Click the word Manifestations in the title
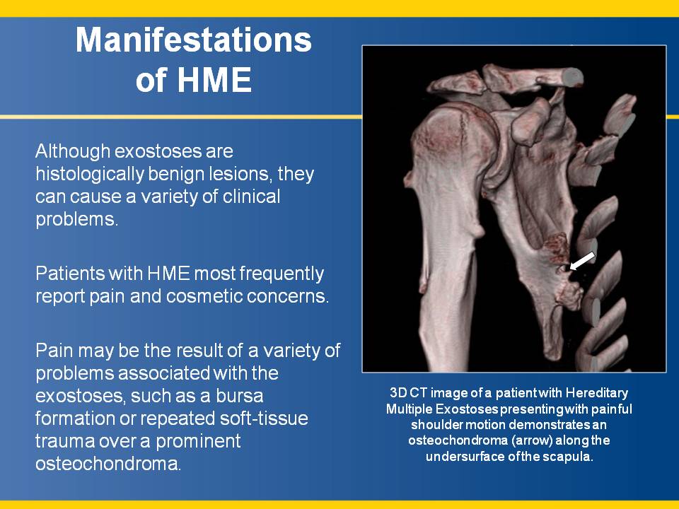[x=194, y=40]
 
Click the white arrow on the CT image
[x=582, y=261]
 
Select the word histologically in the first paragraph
[x=90, y=175]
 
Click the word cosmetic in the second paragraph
[x=205, y=296]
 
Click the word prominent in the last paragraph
[x=198, y=441]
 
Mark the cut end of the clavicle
[x=571, y=78]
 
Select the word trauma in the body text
[x=65, y=441]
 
